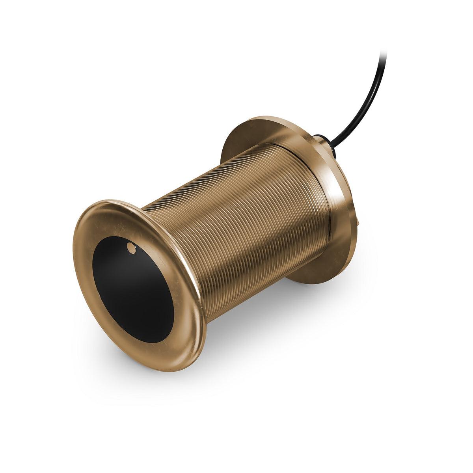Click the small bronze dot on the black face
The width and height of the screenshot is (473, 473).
tap(131, 248)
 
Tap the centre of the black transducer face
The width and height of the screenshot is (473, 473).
tap(133, 290)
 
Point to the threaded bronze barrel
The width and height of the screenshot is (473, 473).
tap(244, 221)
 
